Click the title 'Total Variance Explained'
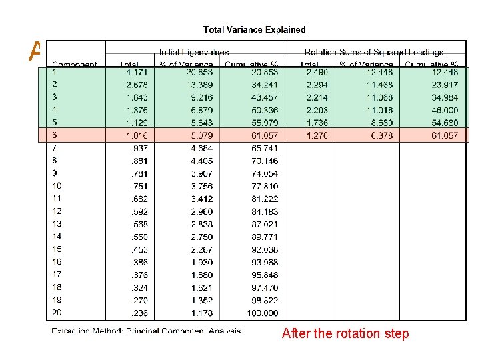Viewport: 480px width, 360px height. (x=254, y=29)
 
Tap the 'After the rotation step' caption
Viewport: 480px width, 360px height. (x=345, y=333)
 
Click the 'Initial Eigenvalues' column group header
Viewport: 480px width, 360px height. (x=194, y=52)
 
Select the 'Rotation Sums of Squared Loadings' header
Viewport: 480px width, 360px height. (x=374, y=52)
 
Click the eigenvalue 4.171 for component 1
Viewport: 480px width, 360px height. (x=137, y=71)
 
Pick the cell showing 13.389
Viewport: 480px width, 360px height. (x=200, y=84)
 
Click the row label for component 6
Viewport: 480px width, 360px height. (x=55, y=135)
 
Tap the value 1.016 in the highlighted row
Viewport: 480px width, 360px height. (x=137, y=135)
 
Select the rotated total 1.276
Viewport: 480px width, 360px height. (x=317, y=135)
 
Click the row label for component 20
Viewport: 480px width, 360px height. (x=57, y=313)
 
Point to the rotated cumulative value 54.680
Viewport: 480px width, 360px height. (x=444, y=123)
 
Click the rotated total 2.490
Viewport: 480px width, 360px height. (x=317, y=71)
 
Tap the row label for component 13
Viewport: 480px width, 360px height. (x=57, y=224)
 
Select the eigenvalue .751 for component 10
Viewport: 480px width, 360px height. (x=139, y=186)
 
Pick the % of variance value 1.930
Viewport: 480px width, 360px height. (x=202, y=262)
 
